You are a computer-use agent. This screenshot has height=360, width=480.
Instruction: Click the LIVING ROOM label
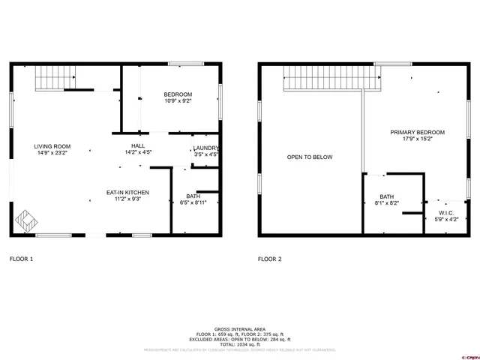tap(52, 146)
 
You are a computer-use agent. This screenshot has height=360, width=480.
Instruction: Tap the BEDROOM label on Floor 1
tap(178, 94)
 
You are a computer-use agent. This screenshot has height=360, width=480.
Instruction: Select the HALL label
tap(139, 146)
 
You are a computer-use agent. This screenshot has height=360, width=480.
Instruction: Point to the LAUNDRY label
tap(205, 148)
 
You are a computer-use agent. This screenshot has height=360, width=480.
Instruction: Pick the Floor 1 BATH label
tap(193, 196)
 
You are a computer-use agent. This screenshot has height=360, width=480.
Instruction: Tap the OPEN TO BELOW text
tap(310, 157)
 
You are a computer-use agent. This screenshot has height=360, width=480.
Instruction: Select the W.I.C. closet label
tap(448, 213)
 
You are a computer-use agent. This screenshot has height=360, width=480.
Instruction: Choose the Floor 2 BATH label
tap(386, 196)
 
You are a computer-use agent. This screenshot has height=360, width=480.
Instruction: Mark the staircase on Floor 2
tap(331, 77)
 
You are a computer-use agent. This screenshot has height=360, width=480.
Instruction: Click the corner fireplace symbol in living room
tap(27, 220)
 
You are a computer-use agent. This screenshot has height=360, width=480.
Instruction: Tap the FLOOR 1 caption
tap(21, 259)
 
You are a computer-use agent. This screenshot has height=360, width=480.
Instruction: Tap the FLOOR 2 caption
tap(269, 259)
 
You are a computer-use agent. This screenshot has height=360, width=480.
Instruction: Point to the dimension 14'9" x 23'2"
tap(52, 153)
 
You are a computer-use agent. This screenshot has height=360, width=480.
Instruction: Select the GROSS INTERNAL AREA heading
tap(239, 328)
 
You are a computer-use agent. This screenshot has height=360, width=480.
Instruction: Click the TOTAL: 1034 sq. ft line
tap(239, 343)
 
